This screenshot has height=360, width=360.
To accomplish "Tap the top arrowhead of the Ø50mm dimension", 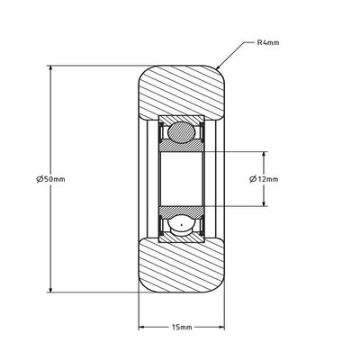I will click(x=51, y=67).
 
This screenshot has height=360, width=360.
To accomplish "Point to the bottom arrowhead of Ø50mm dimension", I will click(x=51, y=289).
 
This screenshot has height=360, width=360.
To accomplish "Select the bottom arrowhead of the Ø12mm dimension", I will click(x=264, y=204).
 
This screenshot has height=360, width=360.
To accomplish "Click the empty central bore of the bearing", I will click(x=180, y=178).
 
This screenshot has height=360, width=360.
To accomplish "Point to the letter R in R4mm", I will click(x=259, y=42).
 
